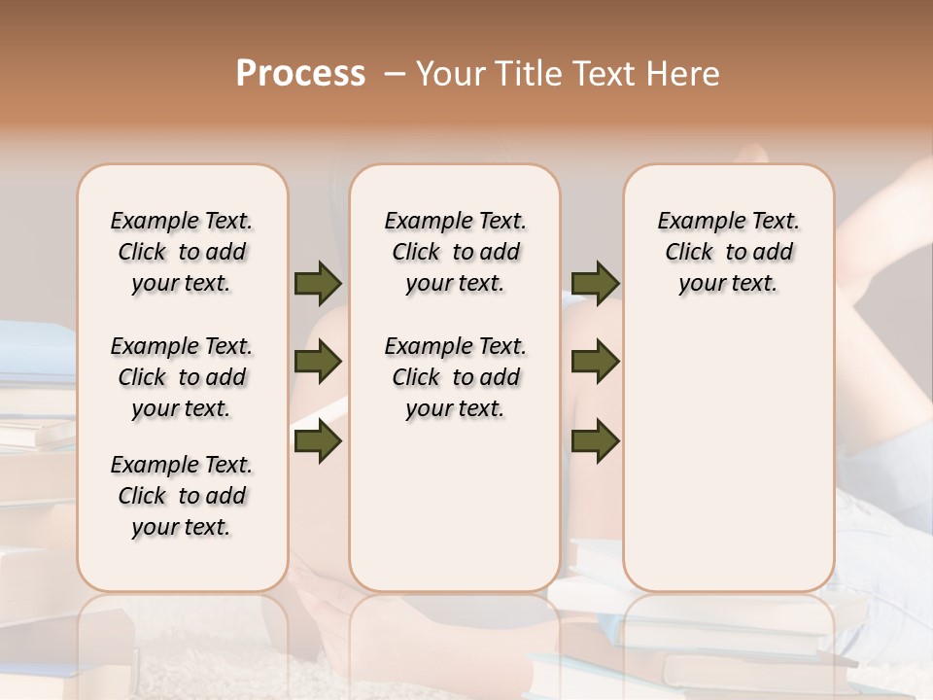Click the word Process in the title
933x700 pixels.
point(300,74)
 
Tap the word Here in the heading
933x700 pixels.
point(682,74)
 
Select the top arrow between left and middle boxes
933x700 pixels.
point(318,283)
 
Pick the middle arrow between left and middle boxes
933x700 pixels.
point(318,362)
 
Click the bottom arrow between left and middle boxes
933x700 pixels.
point(318,440)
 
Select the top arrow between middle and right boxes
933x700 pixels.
point(595,283)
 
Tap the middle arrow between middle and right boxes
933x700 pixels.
point(595,362)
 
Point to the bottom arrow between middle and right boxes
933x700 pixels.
point(595,440)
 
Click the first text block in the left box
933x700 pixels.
point(182,252)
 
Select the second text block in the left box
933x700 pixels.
point(182,377)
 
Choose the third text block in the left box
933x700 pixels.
point(182,496)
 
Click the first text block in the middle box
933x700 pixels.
point(455,252)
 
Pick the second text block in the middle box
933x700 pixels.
point(455,377)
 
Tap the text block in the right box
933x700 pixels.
point(728,252)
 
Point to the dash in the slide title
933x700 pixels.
point(395,74)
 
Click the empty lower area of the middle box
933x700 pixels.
point(455,506)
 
